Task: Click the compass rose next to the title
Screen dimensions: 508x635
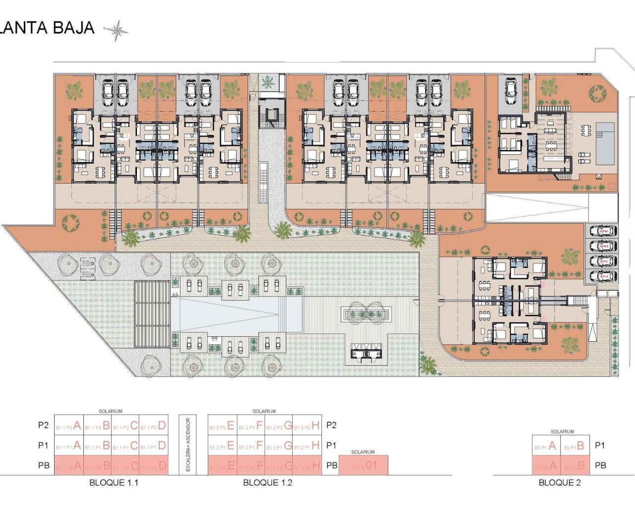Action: pyautogui.click(x=117, y=31)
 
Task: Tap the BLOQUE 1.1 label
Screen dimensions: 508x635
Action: pyautogui.click(x=114, y=482)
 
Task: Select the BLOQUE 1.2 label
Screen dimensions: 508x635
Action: pyautogui.click(x=267, y=482)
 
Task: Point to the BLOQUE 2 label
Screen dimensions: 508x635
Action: pyautogui.click(x=560, y=482)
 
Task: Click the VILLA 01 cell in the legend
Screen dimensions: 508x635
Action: pyautogui.click(x=363, y=466)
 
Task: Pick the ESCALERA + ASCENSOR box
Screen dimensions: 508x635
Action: pyautogui.click(x=188, y=444)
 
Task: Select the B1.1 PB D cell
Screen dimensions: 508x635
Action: pyautogui.click(x=152, y=466)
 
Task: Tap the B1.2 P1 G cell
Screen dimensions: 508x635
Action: pyautogui.click(x=279, y=446)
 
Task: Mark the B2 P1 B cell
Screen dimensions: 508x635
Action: pyautogui.click(x=574, y=446)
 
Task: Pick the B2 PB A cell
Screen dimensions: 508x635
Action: pyautogui.click(x=546, y=466)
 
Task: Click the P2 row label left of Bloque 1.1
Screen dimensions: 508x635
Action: pyautogui.click(x=44, y=425)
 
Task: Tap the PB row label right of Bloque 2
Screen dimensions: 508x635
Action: pyautogui.click(x=600, y=465)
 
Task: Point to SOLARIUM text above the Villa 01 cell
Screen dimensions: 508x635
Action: pyautogui.click(x=363, y=452)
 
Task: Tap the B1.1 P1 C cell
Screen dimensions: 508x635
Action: pyautogui.click(x=125, y=446)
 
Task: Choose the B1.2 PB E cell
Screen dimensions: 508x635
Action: pyautogui.click(x=222, y=466)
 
